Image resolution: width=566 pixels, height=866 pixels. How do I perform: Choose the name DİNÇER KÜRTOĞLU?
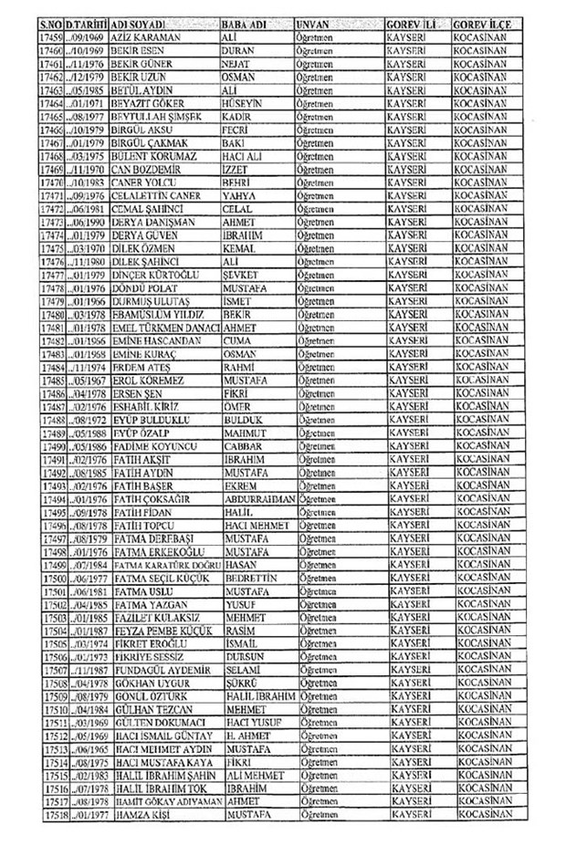click(155, 273)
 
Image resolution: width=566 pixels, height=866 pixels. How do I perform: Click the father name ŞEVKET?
click(239, 273)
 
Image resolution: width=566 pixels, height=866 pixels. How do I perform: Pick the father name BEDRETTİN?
click(249, 579)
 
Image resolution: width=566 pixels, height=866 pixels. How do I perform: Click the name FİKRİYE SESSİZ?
click(148, 657)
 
